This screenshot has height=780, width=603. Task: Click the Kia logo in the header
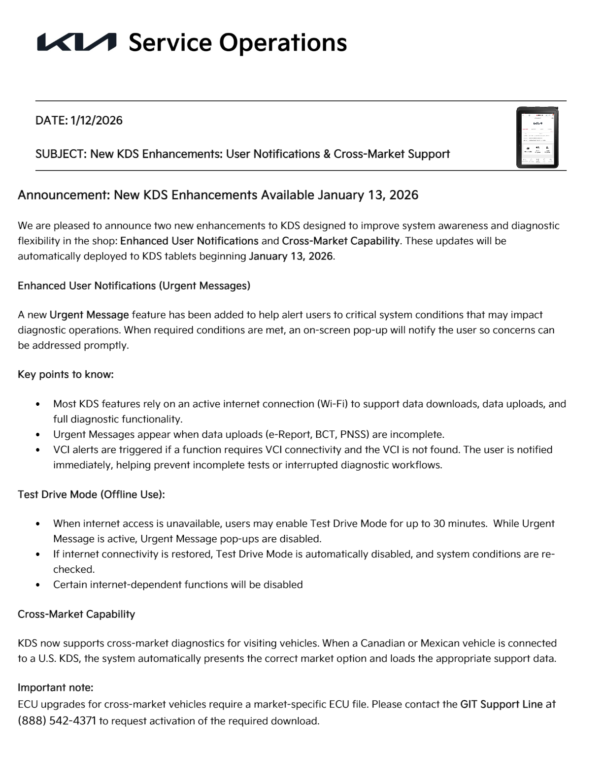[77, 42]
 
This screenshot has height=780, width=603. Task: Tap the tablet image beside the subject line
[537, 137]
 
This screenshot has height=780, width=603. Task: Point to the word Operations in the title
[283, 43]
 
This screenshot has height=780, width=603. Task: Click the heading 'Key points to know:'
[66, 375]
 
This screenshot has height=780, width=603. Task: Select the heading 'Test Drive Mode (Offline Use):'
[91, 494]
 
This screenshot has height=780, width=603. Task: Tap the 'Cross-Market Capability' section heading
[76, 615]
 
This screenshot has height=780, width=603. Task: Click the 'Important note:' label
[55, 687]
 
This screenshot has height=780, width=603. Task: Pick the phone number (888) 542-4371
[57, 721]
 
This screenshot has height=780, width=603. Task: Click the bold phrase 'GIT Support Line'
[501, 705]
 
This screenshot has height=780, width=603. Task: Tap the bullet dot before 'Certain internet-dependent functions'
[38, 585]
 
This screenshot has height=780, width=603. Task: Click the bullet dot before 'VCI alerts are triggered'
[38, 450]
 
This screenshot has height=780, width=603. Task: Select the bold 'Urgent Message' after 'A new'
[89, 315]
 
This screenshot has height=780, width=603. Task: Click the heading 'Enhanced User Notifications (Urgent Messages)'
[134, 286]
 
